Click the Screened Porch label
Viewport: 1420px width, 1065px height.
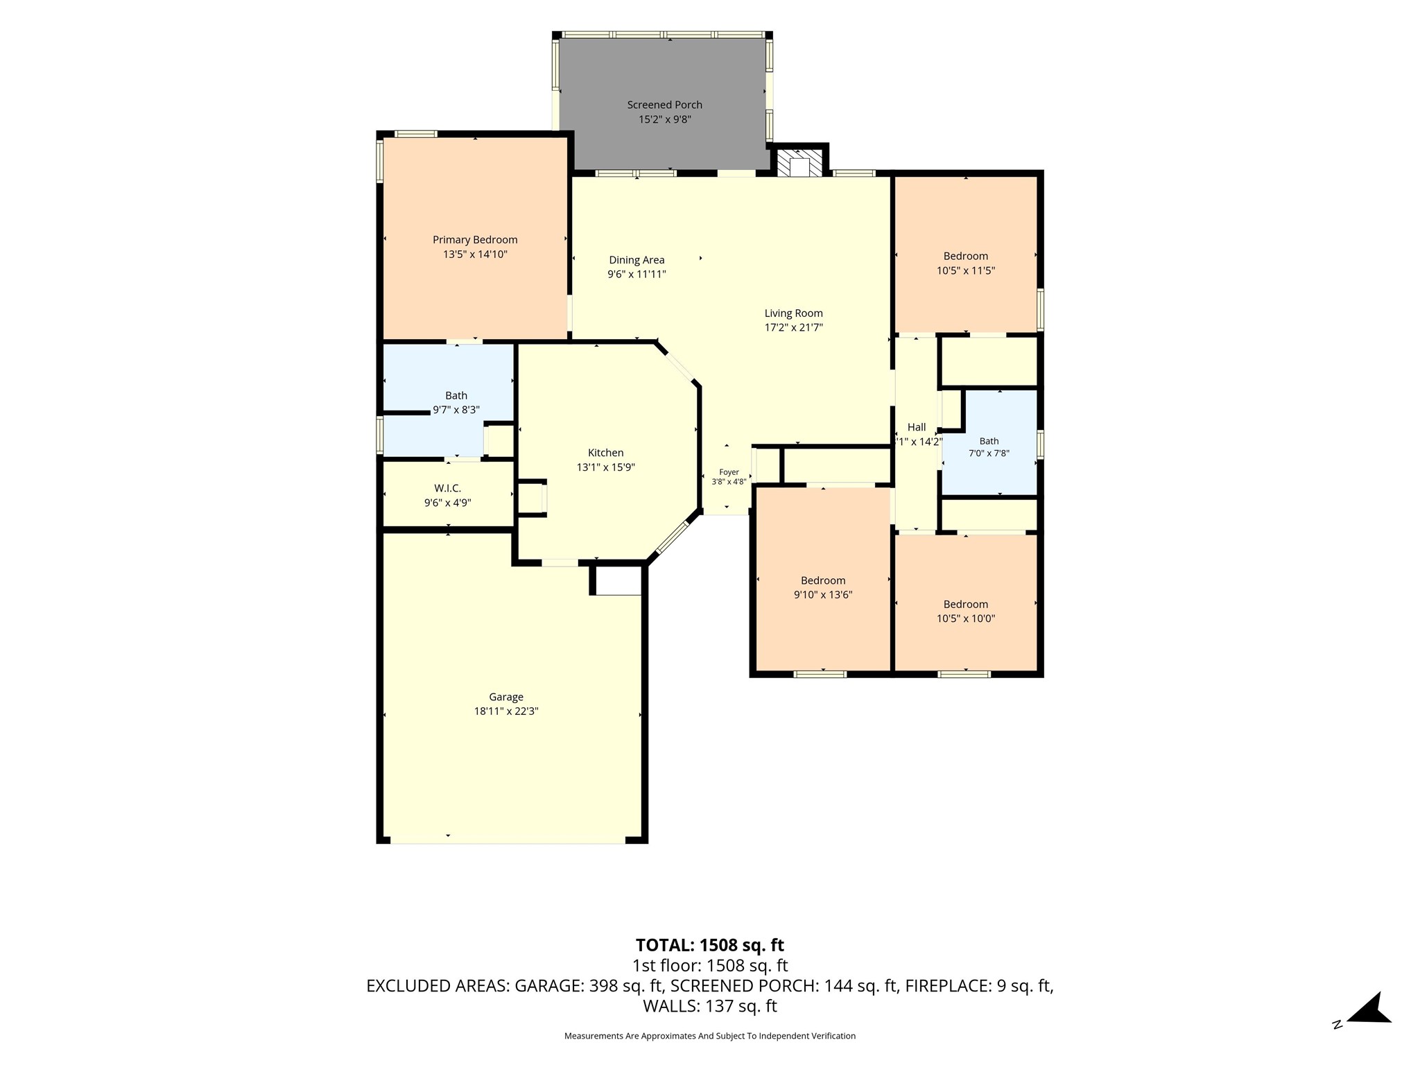click(x=664, y=105)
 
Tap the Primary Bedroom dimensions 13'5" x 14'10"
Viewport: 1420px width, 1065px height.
click(x=475, y=254)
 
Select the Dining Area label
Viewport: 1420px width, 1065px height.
click(x=637, y=260)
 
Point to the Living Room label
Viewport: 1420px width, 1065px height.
click(x=793, y=313)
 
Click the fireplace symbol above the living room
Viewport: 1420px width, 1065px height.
click(x=800, y=164)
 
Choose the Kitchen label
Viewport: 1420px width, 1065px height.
click(x=605, y=453)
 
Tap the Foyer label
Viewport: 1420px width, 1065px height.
click(x=729, y=472)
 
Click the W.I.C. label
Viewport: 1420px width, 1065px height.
click(x=447, y=489)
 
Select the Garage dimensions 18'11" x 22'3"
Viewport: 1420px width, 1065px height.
click(x=505, y=711)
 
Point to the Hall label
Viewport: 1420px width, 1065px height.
click(x=917, y=427)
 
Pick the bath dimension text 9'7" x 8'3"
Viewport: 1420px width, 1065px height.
click(x=456, y=410)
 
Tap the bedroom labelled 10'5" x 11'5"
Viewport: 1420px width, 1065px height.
click(x=965, y=256)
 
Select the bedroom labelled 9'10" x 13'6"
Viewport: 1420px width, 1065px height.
click(x=823, y=580)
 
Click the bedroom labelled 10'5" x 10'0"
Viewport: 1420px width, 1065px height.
click(x=965, y=604)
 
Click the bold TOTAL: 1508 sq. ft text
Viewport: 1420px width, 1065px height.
click(x=710, y=945)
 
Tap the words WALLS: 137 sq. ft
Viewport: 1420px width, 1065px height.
click(x=710, y=1006)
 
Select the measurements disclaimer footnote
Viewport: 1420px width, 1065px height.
click(x=710, y=1036)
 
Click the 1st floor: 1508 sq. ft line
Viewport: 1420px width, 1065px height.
click(x=710, y=966)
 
